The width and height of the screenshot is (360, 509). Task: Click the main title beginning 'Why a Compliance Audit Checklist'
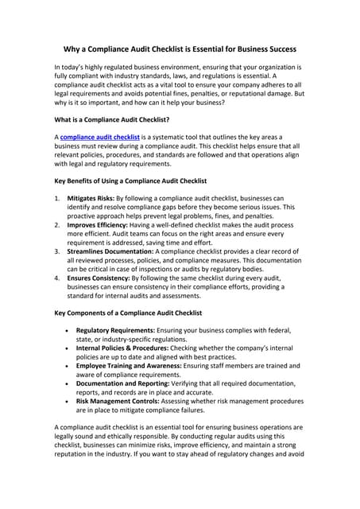coord(180,49)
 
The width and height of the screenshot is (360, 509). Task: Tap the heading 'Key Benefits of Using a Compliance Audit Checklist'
coord(129,181)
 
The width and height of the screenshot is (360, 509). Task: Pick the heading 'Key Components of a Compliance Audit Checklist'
coord(127,313)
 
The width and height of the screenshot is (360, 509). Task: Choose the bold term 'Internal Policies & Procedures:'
coord(122,348)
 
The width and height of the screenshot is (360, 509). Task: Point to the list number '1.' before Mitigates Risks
coord(57,198)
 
